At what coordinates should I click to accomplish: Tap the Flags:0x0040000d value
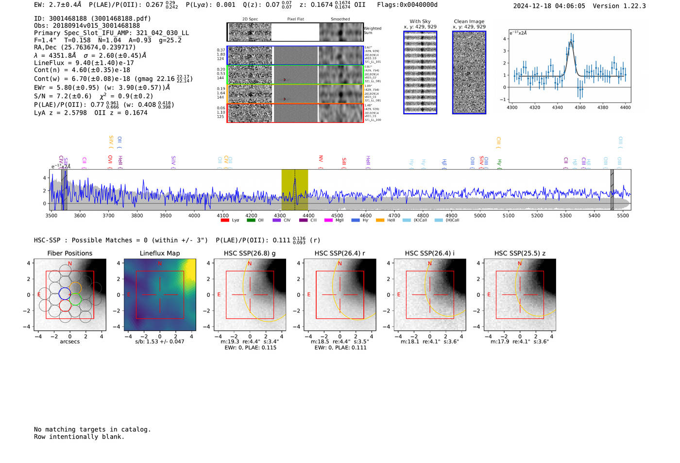point(407,5)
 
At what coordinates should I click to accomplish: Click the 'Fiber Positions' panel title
point(69,253)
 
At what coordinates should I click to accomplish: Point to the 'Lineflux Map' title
point(159,253)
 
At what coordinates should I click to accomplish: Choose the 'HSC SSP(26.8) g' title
point(249,253)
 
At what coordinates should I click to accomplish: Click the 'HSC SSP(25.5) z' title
point(519,253)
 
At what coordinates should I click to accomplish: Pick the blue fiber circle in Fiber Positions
point(65,293)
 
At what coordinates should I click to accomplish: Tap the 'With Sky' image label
point(420,21)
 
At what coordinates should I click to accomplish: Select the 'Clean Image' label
point(469,21)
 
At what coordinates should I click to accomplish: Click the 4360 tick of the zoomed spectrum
point(580,107)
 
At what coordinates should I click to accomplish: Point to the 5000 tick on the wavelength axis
point(479,216)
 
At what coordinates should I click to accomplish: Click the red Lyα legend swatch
point(225,221)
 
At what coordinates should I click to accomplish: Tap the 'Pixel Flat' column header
point(295,19)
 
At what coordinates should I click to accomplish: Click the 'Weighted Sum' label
point(372,31)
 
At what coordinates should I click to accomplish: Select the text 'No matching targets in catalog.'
point(92,429)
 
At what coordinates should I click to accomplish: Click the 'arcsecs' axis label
point(69,342)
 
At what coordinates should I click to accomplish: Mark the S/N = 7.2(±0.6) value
point(63,96)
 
